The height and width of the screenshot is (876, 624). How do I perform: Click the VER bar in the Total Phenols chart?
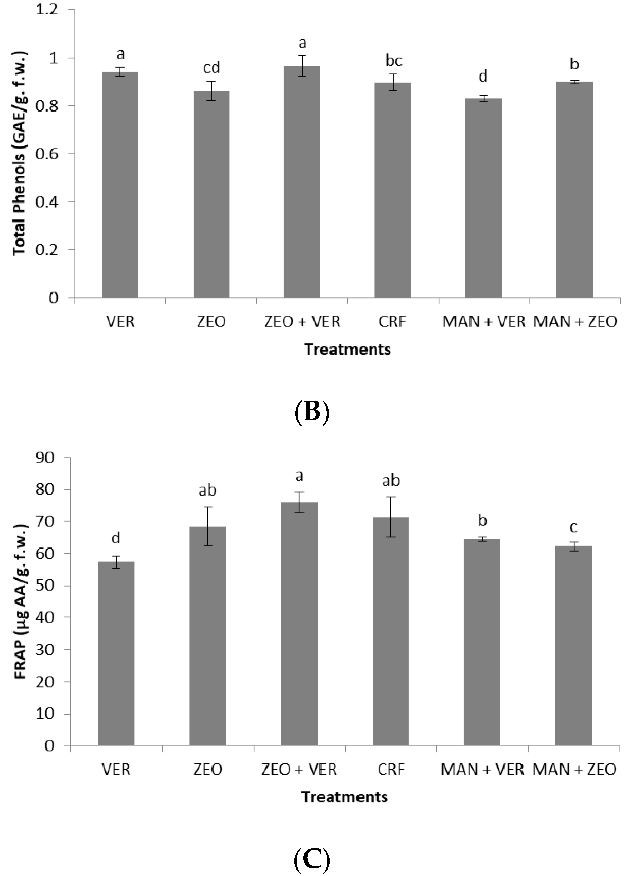[120, 184]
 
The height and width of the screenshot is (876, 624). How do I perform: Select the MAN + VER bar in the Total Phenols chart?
[483, 198]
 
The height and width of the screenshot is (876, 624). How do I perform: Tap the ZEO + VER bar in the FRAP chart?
[299, 624]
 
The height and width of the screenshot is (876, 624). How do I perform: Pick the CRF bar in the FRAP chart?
[391, 631]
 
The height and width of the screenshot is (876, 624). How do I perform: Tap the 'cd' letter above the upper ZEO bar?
[211, 68]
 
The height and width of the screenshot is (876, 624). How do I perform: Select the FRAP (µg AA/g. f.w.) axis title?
[20, 601]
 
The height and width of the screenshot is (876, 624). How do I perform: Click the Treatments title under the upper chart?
[347, 349]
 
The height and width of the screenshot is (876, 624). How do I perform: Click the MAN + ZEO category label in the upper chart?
[575, 321]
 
